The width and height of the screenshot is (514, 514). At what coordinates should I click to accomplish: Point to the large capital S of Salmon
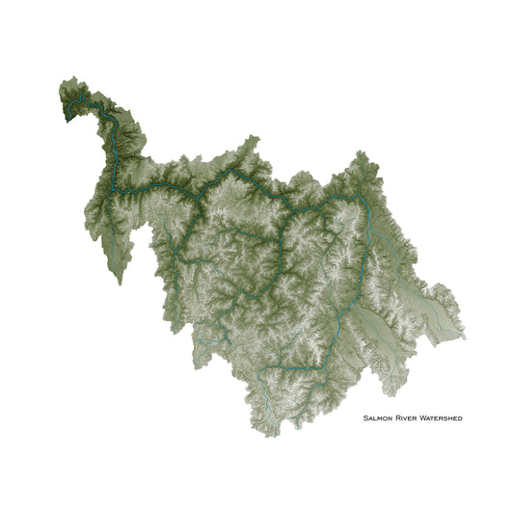pos(365,419)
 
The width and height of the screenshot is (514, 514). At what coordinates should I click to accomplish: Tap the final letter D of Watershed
pos(460,419)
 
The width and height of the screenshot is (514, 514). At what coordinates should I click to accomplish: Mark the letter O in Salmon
pos(384,419)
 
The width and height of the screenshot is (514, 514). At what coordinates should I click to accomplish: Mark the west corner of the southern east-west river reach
pos(262,368)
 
